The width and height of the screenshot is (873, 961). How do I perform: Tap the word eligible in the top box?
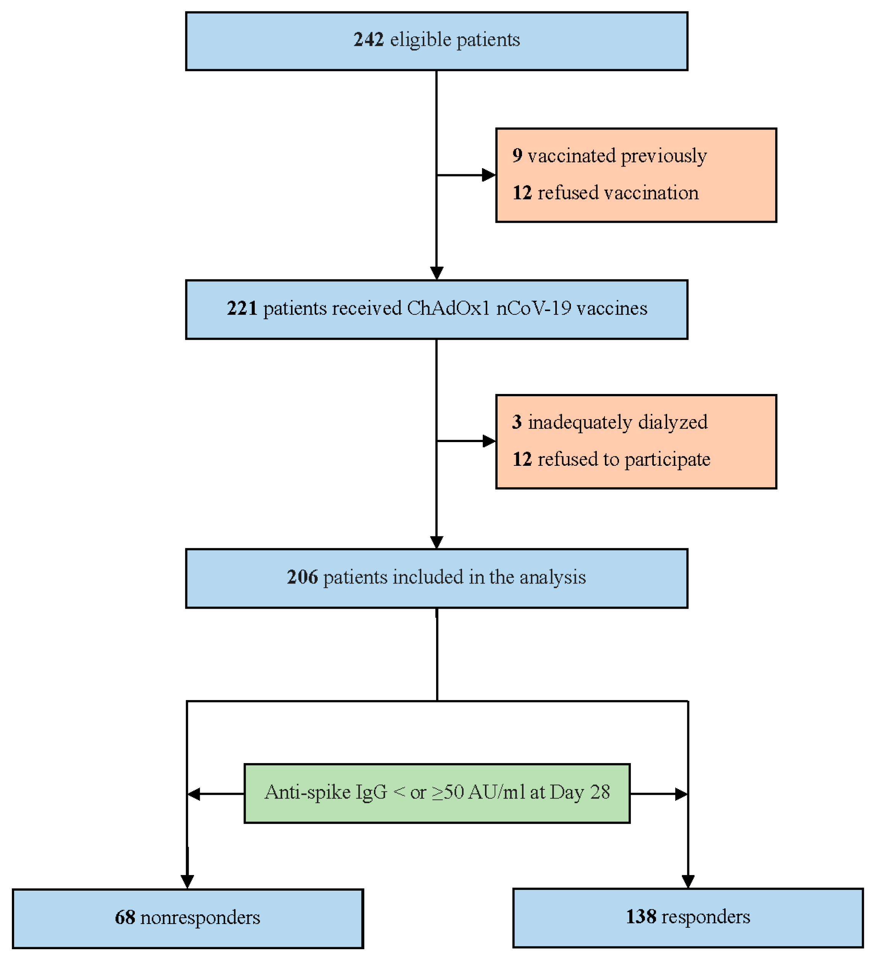click(x=420, y=40)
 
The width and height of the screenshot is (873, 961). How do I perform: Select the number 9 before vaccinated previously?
click(x=517, y=156)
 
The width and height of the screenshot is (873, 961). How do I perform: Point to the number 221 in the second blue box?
click(x=242, y=308)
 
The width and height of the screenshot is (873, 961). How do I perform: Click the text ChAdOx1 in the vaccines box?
click(x=448, y=308)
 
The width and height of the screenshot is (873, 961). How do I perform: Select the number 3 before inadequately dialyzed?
click(x=517, y=422)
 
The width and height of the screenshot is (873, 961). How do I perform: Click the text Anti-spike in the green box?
click(x=308, y=792)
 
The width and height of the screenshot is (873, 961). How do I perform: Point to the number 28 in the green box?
click(x=600, y=792)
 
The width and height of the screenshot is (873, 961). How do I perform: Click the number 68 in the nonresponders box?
click(x=125, y=917)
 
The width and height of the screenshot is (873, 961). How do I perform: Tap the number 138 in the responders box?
click(x=640, y=917)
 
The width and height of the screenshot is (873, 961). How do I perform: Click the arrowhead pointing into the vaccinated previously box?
click(x=489, y=175)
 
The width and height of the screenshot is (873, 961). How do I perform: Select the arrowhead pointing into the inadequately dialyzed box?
click(x=489, y=441)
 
